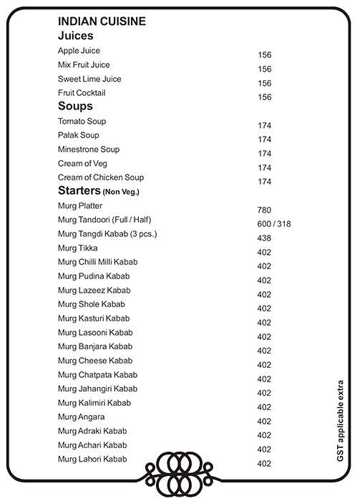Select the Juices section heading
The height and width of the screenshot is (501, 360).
(76, 35)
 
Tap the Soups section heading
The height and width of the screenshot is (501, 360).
(75, 106)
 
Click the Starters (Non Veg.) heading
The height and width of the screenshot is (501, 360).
(98, 191)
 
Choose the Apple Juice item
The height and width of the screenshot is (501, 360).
(79, 51)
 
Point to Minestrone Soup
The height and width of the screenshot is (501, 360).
(89, 150)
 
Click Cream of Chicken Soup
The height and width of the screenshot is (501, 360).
(101, 177)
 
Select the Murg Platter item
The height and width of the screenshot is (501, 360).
(80, 205)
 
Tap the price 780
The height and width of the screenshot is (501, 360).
(264, 210)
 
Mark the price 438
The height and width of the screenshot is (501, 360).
(264, 238)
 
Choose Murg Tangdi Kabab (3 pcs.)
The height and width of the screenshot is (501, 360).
(107, 234)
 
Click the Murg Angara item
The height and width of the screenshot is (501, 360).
(81, 417)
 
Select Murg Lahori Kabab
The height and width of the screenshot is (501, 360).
(92, 459)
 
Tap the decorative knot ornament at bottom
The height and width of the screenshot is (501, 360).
(180, 470)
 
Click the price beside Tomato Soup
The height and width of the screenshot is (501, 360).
(264, 125)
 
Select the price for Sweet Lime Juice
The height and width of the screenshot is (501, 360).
(264, 83)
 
